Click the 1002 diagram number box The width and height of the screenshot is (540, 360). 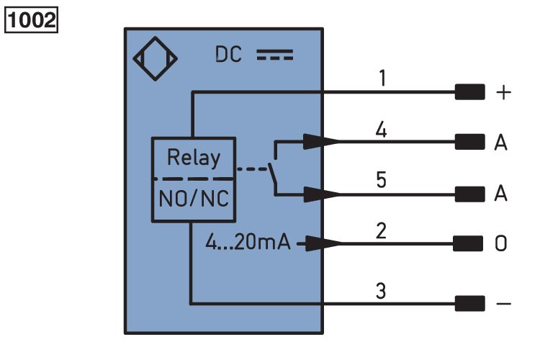point(31,20)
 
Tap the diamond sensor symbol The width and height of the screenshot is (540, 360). point(156,58)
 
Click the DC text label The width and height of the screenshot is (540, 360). point(228,55)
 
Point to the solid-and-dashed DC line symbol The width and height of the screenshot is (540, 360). point(275,55)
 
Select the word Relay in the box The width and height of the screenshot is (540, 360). point(194,158)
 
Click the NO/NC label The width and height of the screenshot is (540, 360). point(194,199)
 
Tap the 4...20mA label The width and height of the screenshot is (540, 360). point(248,241)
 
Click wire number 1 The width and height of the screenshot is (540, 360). point(382,78)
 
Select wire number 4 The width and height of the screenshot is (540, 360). point(381,130)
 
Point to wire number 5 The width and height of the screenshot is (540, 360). point(381,179)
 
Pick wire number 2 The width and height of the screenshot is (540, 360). point(381,230)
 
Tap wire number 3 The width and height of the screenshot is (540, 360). point(381,291)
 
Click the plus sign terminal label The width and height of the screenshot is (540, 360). point(503,92)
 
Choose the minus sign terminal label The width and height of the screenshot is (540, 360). point(503,304)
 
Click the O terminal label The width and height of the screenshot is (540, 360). point(500,243)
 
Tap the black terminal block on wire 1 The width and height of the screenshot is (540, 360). point(469,92)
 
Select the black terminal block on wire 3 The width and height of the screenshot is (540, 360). point(469,304)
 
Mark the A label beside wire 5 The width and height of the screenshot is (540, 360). point(500,193)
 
